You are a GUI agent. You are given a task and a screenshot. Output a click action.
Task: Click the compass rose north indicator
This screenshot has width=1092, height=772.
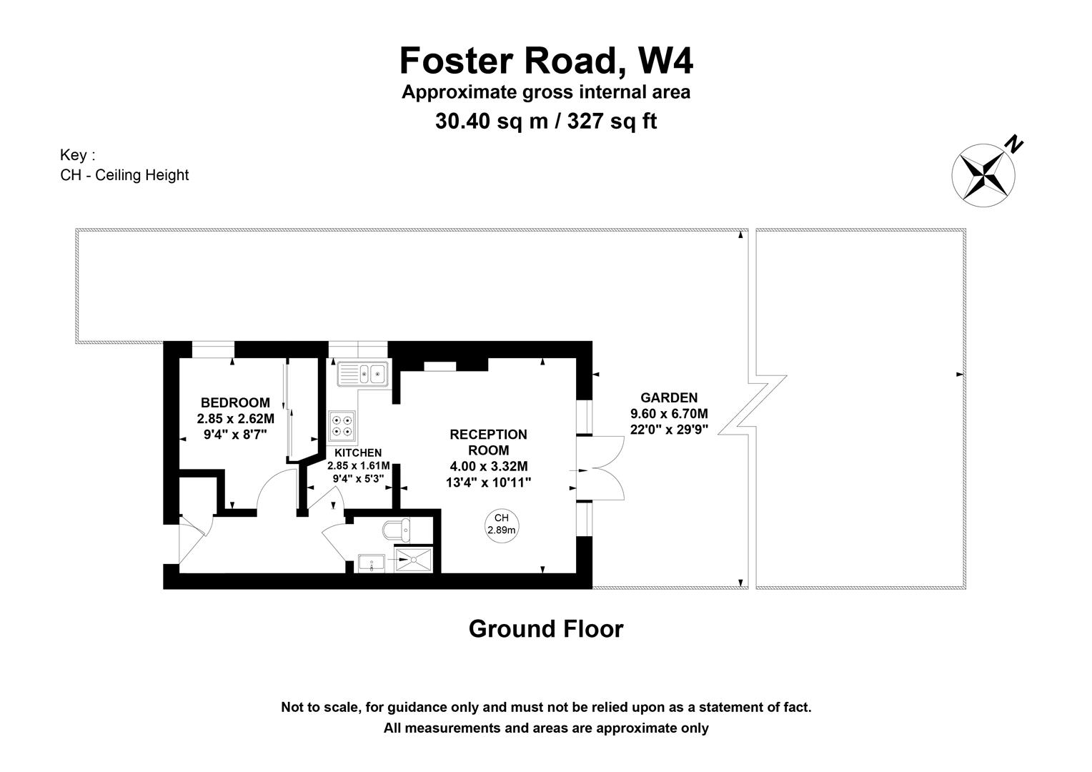[984, 174]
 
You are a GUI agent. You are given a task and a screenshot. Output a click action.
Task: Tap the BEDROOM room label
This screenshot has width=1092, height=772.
[235, 402]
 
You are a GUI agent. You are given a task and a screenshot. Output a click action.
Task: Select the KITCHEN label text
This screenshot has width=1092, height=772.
[358, 452]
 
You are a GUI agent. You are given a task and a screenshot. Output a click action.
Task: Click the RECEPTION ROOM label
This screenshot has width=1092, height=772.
[488, 442]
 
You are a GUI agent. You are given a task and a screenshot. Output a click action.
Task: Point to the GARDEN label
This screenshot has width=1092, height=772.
[669, 398]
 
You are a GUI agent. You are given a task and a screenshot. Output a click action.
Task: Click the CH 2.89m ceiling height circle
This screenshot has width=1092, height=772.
[501, 524]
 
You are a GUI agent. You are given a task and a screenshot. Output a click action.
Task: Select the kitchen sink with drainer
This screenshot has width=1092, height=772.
[362, 374]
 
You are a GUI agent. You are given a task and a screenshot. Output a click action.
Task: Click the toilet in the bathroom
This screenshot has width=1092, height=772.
[397, 530]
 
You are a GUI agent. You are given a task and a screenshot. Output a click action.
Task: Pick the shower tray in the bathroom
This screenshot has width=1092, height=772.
[414, 562]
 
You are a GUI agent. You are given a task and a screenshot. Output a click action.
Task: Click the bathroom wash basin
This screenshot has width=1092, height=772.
[372, 563]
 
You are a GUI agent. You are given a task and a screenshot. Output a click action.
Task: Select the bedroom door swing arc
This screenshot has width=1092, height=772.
[276, 490]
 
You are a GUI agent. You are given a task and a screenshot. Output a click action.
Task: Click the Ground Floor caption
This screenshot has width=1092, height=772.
[546, 629]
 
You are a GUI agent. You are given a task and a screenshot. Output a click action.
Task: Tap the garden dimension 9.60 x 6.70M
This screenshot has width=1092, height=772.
[669, 414]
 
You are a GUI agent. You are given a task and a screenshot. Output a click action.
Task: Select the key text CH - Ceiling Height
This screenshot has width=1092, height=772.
[124, 175]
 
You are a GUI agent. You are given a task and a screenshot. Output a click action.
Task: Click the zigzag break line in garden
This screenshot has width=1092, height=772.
[752, 405]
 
